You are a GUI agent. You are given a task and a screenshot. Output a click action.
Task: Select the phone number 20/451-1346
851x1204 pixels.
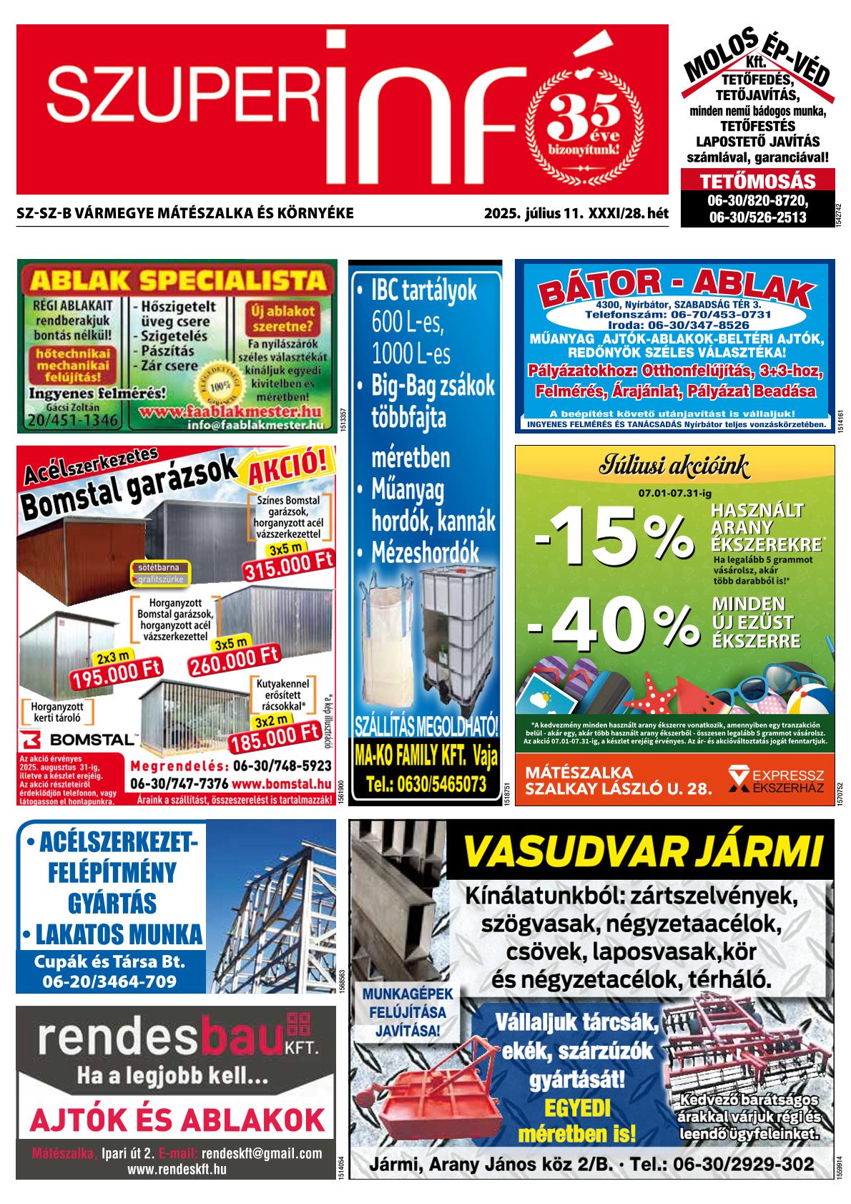[72, 421]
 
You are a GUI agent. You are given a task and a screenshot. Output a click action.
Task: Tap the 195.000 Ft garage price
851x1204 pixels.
[116, 672]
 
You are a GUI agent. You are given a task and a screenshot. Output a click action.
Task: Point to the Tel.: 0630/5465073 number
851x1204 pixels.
[425, 785]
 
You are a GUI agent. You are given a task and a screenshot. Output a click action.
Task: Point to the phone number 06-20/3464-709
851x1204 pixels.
[109, 982]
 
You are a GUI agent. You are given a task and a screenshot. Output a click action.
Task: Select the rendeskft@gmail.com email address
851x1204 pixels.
[262, 1154]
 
